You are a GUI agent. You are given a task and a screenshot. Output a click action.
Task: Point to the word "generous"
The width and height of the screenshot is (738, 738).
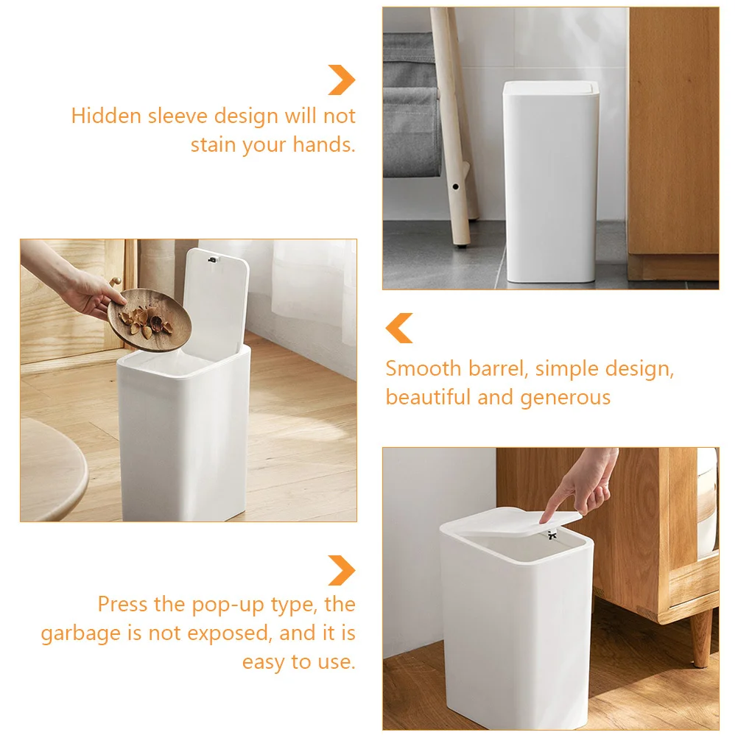(x=566, y=398)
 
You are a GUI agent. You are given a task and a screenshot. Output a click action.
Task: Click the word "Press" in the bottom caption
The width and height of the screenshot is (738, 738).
(x=123, y=605)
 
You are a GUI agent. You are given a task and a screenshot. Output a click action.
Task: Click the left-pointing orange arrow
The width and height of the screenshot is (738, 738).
(x=400, y=328)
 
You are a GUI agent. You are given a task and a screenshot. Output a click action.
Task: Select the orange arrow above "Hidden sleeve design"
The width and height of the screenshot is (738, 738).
(x=342, y=80)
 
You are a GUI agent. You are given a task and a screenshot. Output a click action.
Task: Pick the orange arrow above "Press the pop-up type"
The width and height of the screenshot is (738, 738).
(x=342, y=570)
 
